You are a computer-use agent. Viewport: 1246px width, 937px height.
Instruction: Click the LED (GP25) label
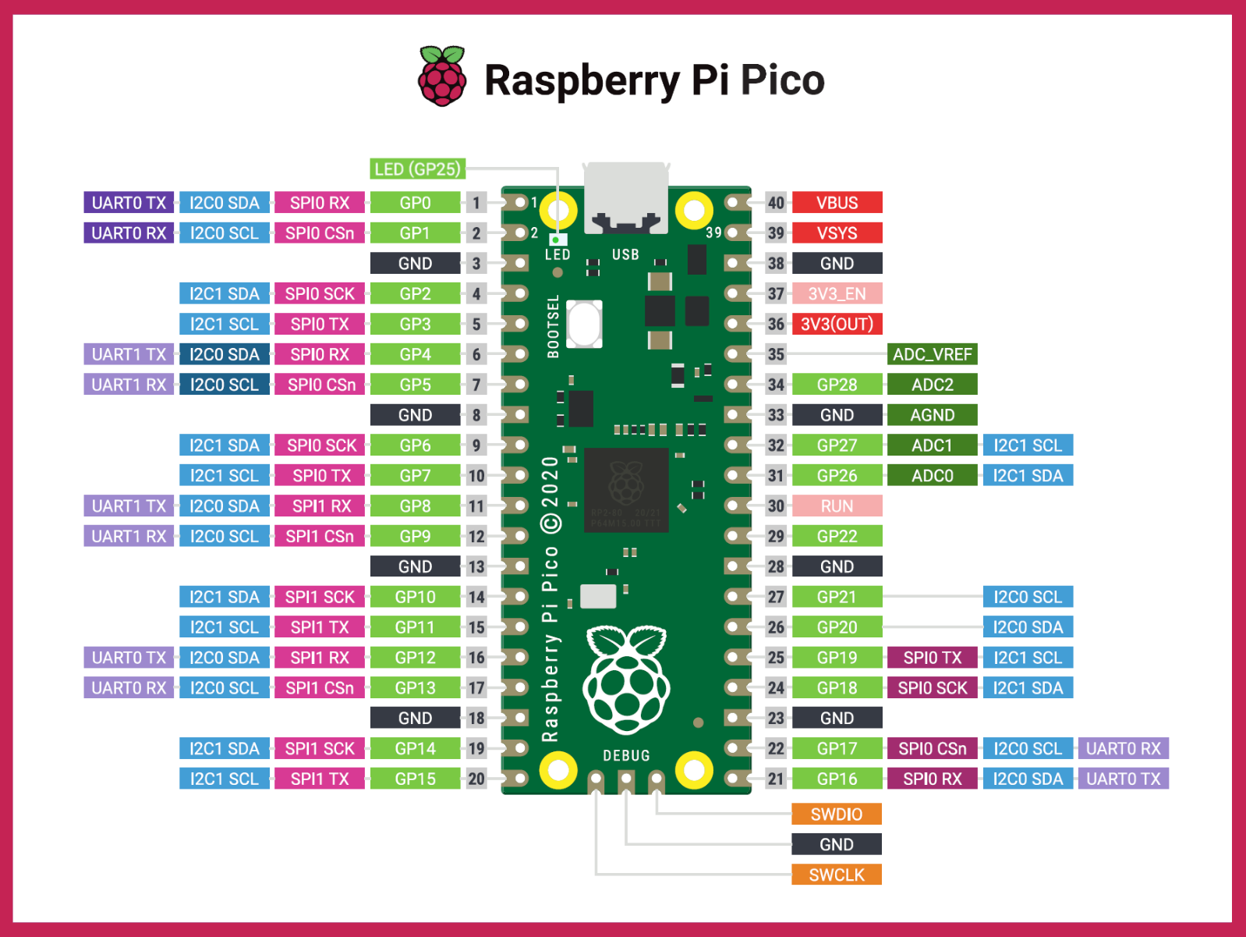[417, 169]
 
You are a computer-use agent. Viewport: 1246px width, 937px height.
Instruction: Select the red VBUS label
[837, 203]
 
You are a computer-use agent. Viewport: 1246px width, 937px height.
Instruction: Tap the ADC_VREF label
[932, 354]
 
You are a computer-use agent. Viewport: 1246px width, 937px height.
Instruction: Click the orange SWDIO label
[836, 815]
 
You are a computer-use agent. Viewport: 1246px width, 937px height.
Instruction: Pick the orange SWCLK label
[836, 875]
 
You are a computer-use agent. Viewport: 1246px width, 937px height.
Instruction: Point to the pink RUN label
[837, 506]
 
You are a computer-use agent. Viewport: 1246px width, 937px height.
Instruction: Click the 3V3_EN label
[837, 294]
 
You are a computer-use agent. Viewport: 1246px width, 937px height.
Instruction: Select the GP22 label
[837, 536]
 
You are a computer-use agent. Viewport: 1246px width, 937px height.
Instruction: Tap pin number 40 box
[776, 203]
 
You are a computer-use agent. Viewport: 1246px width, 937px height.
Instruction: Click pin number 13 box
[476, 566]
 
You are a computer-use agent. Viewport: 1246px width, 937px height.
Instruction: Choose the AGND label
[932, 415]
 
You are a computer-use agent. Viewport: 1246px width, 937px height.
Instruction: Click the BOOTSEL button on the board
[584, 324]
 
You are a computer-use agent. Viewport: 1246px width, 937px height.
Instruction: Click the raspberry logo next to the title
[442, 76]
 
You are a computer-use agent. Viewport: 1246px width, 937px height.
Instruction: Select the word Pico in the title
[782, 80]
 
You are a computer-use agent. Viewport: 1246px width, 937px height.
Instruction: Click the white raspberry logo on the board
[626, 679]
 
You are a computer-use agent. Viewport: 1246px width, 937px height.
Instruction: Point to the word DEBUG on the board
[626, 755]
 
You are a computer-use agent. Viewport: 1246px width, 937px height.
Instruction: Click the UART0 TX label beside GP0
[129, 203]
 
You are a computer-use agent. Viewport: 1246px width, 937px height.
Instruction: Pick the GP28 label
[837, 385]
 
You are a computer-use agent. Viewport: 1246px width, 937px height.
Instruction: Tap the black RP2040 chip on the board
[626, 490]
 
